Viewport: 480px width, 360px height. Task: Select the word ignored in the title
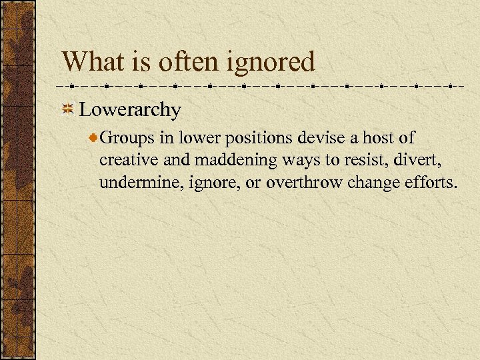(278, 62)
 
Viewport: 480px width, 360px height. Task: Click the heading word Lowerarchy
(129, 109)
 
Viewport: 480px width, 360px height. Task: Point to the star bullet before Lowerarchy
(67, 109)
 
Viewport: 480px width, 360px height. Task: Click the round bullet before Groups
(94, 137)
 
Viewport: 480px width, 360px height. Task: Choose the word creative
(126, 160)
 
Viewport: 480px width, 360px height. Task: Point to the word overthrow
(304, 182)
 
